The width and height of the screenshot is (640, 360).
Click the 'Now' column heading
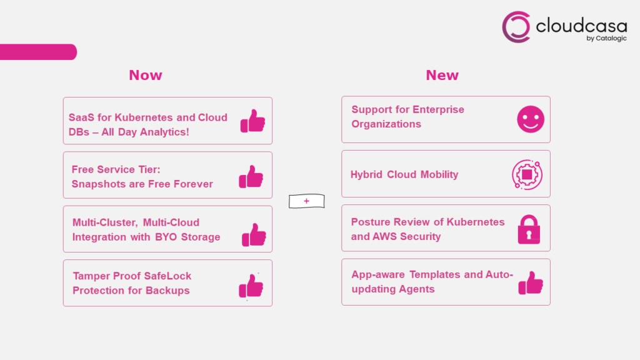pyautogui.click(x=146, y=75)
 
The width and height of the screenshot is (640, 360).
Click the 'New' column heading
pyautogui.click(x=442, y=75)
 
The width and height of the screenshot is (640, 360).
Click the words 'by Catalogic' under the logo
pyautogui.click(x=606, y=38)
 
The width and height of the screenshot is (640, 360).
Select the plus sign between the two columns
pyautogui.click(x=306, y=201)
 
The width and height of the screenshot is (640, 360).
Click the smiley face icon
pyautogui.click(x=531, y=119)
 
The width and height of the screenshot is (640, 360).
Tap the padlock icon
pyautogui.click(x=529, y=229)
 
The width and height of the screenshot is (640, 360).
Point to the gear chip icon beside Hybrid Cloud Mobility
pyautogui.click(x=527, y=175)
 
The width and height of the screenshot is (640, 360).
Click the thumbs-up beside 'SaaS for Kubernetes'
pyautogui.click(x=252, y=121)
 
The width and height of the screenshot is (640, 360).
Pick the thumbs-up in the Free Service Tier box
pyautogui.click(x=251, y=177)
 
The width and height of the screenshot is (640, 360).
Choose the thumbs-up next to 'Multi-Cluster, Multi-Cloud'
pyautogui.click(x=254, y=235)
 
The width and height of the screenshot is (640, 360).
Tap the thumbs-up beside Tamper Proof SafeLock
pyautogui.click(x=251, y=286)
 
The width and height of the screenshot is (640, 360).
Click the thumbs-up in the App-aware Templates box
pyautogui.click(x=531, y=283)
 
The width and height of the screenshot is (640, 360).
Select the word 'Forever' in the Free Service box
pyautogui.click(x=193, y=184)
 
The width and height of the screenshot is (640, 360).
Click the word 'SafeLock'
pyautogui.click(x=167, y=276)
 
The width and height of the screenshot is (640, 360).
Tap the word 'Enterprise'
pyautogui.click(x=438, y=110)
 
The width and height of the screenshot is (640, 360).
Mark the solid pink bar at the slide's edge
pyautogui.click(x=38, y=52)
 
